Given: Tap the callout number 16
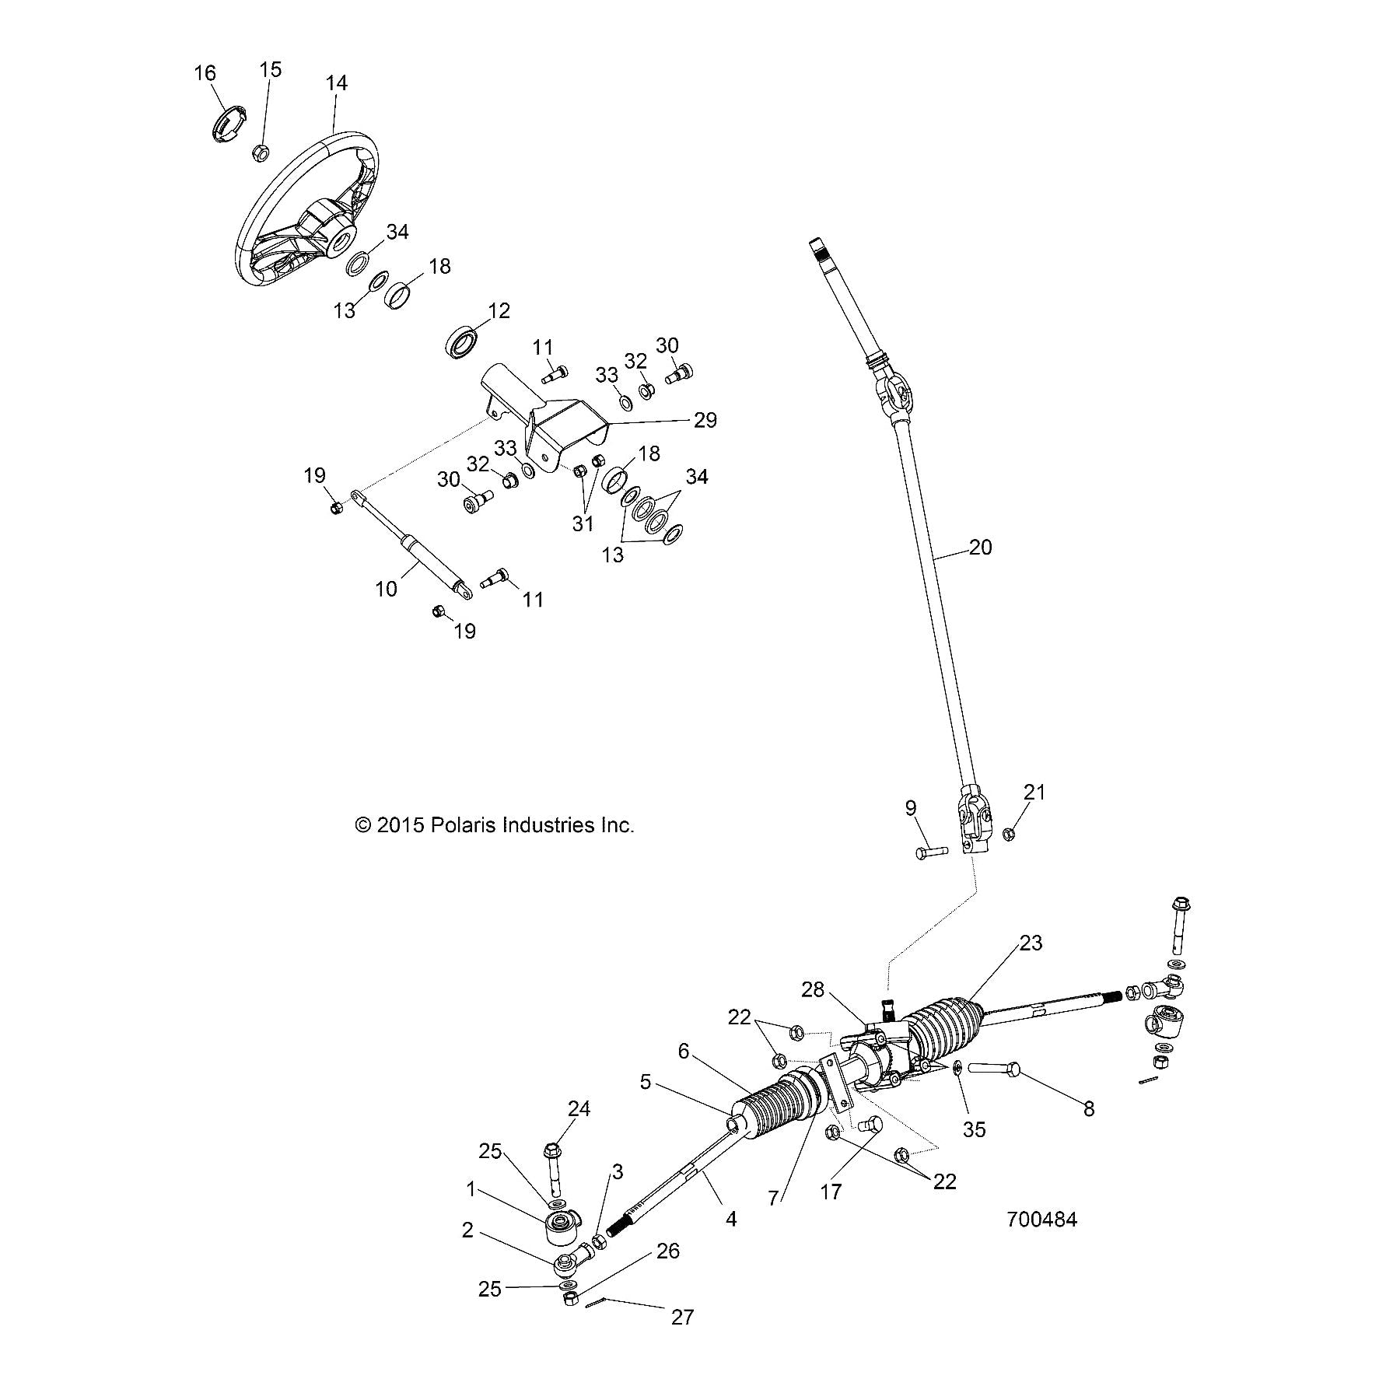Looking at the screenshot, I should point(205,73).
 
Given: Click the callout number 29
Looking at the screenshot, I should point(705,420).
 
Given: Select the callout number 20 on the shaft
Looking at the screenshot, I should point(981,547).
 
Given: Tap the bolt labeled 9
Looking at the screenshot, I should point(931,852).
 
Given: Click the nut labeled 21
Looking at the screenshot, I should point(1008,834).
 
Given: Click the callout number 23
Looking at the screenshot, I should point(1031,943).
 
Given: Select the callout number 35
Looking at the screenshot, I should point(974,1129).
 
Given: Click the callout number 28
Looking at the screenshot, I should point(812,990).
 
